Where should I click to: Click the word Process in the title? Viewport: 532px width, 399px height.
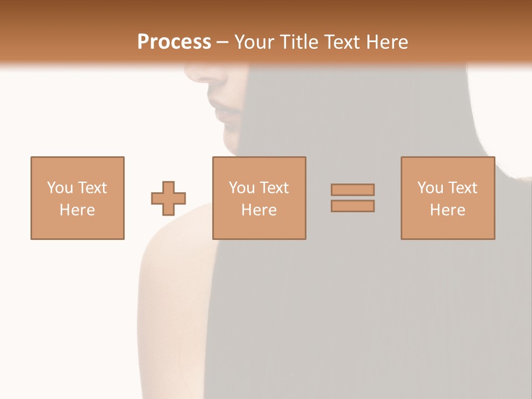(x=174, y=42)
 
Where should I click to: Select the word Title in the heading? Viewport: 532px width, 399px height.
(x=299, y=42)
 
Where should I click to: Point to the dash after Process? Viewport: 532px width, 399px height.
(x=222, y=43)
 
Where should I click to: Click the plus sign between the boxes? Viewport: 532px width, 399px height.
(x=168, y=198)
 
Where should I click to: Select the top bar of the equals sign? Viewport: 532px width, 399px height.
(x=352, y=190)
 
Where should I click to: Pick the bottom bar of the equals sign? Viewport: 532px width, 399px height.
(x=352, y=206)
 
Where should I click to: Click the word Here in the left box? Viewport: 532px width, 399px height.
(x=77, y=210)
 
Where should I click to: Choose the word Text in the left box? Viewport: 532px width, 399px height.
(x=91, y=188)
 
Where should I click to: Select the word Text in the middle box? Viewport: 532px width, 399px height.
(x=274, y=188)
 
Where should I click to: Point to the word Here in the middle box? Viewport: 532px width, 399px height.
(x=259, y=210)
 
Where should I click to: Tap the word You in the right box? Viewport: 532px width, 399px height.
(x=430, y=188)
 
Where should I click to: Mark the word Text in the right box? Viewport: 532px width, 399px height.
(x=462, y=188)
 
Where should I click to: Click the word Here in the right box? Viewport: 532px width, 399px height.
(x=447, y=210)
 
